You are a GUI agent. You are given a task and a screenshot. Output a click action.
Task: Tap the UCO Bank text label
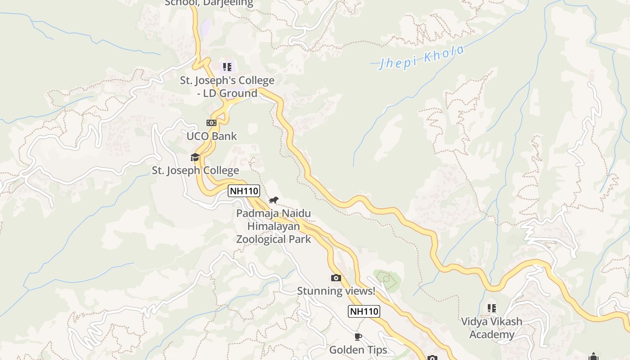[211, 136]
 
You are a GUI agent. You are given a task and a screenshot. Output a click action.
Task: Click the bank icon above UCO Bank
[211, 123]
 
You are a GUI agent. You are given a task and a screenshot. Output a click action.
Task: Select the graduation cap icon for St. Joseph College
[195, 157]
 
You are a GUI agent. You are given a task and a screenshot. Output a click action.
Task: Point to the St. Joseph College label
[195, 171]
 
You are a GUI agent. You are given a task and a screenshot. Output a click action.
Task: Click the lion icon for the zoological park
[274, 200]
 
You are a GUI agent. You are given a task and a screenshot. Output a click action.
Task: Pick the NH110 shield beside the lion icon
[244, 191]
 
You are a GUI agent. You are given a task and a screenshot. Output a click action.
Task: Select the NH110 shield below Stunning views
[364, 311]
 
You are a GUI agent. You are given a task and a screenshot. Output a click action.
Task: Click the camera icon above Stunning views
[336, 278]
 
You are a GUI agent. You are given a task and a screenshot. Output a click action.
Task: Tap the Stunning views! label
[336, 291]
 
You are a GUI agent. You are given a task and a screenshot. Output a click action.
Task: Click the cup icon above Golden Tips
[358, 337]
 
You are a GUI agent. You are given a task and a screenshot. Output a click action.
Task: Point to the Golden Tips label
[358, 350]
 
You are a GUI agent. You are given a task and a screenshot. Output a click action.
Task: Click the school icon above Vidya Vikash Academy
[492, 308]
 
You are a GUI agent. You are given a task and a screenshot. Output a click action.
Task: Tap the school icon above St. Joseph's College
[227, 67]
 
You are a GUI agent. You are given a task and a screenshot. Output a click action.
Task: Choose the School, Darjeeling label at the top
[209, 3]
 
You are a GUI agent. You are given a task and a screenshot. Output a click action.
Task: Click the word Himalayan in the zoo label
[274, 226]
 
